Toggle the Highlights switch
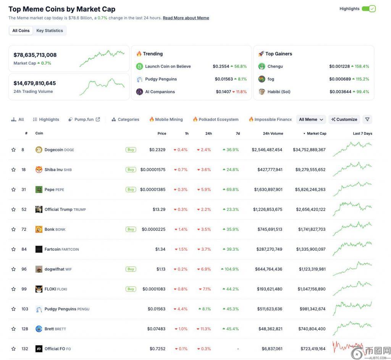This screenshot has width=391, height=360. [x=369, y=9]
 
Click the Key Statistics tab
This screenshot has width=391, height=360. [x=50, y=31]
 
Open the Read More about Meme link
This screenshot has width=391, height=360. [x=186, y=18]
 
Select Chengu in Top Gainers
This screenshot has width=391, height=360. [x=275, y=66]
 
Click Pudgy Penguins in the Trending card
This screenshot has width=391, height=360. [x=161, y=79]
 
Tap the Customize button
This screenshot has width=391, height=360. [x=344, y=120]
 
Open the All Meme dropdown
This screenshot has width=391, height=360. [x=311, y=120]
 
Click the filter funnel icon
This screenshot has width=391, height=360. [x=367, y=120]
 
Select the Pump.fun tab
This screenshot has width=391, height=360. [x=84, y=120]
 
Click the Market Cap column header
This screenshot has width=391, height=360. [x=316, y=133]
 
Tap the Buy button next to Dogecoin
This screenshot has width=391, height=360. [x=131, y=150]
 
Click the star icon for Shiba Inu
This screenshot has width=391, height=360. [x=14, y=170]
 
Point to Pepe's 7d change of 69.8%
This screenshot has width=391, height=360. [x=231, y=190]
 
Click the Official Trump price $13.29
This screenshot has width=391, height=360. [x=159, y=209]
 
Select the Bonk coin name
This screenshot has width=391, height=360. [x=50, y=229]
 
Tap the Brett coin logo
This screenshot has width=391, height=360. [x=39, y=329]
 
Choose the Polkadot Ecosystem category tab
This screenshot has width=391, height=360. [x=216, y=120]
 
